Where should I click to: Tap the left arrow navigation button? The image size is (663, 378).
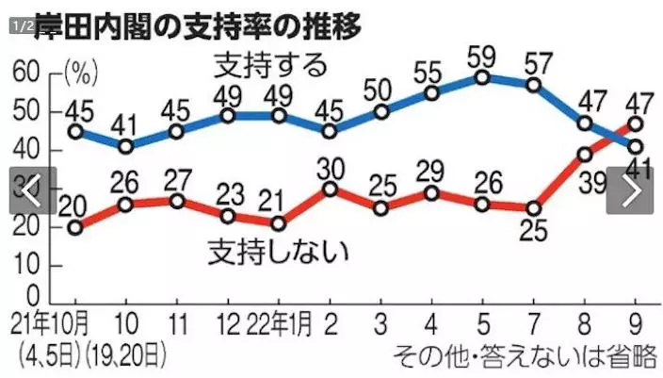32,190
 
